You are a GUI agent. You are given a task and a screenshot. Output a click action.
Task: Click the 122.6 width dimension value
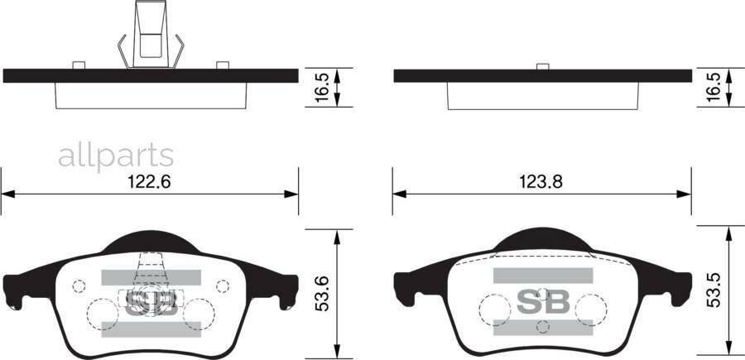point(149,183)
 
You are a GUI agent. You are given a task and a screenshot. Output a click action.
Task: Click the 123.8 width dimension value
point(541,183)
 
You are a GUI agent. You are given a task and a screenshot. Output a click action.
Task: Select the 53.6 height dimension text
point(324,294)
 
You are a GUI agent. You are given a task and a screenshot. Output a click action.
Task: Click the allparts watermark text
point(116,156)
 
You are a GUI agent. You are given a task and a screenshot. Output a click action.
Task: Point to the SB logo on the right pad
point(543,302)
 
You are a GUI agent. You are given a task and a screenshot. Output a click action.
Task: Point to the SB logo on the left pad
point(151,302)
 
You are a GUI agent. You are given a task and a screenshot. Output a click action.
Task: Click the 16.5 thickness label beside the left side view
point(324,86)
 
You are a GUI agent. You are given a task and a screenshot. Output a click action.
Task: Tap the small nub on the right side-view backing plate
point(543,65)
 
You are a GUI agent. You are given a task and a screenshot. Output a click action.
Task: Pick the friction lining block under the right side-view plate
point(543,96)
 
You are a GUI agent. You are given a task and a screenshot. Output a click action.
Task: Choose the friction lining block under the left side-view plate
point(151,96)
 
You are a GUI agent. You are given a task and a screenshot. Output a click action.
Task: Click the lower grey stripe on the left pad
point(151,329)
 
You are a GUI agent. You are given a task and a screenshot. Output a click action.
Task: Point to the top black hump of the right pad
point(543,239)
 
